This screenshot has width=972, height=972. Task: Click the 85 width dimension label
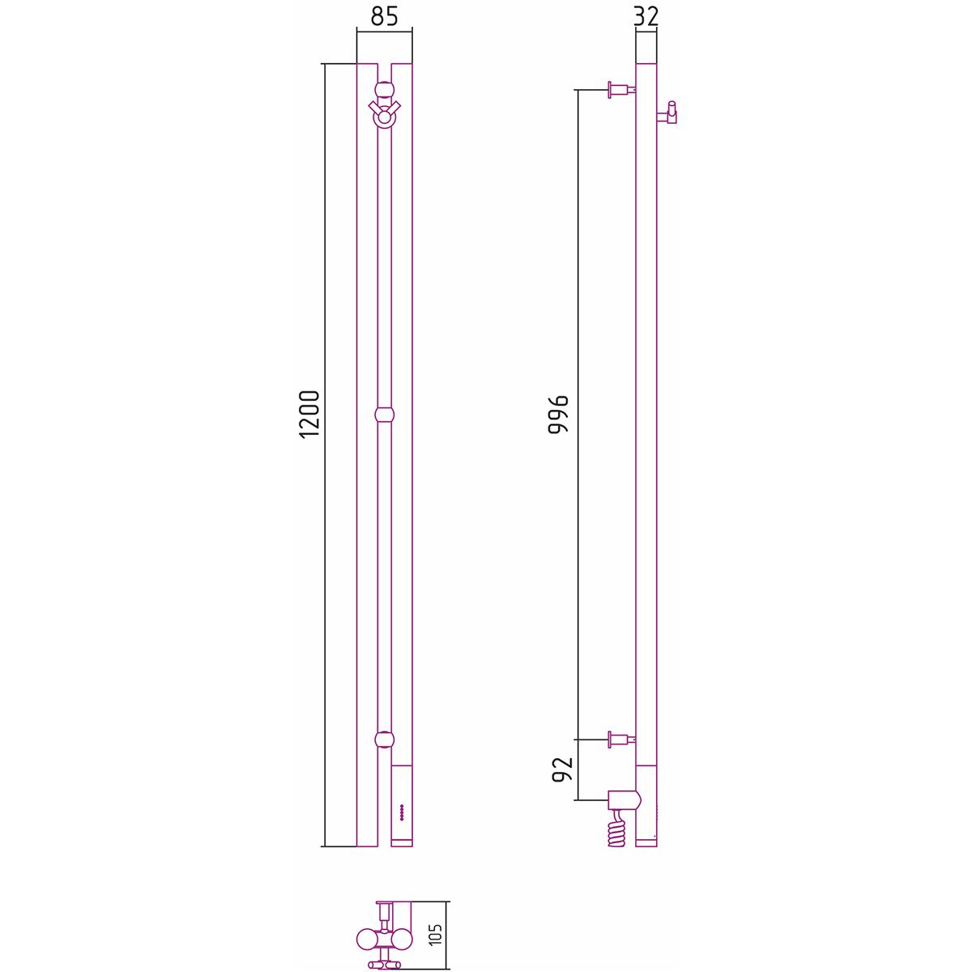[385, 16]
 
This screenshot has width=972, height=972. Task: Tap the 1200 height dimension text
[310, 414]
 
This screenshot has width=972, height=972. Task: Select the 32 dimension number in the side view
[646, 16]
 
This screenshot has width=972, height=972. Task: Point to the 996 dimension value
[558, 414]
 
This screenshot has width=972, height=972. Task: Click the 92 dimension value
[563, 769]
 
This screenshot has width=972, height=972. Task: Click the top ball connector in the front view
[385, 89]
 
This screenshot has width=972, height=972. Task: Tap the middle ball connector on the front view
[385, 415]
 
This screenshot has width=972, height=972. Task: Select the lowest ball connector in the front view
[385, 740]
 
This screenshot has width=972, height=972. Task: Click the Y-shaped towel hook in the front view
[385, 114]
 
